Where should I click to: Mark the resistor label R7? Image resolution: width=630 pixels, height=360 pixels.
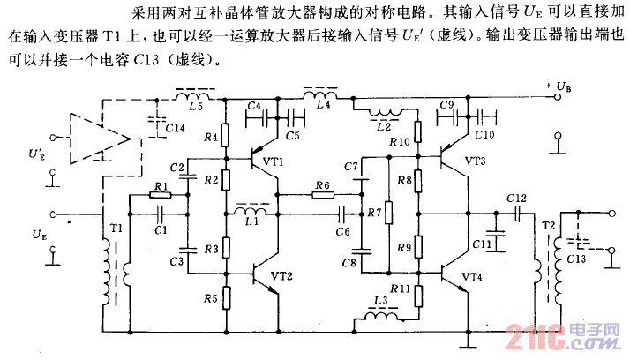375,213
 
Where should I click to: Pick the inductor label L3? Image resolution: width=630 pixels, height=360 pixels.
381,301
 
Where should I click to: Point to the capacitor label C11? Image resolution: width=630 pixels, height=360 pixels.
482,244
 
